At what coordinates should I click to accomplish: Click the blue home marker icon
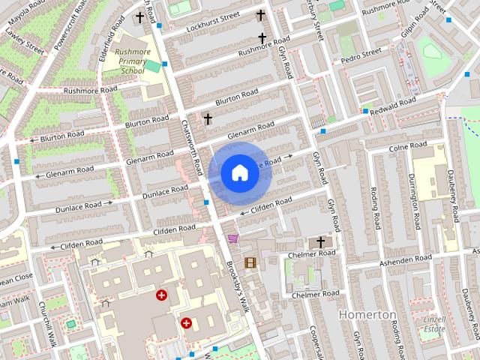tap(239, 173)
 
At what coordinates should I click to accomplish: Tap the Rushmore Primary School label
tap(133, 61)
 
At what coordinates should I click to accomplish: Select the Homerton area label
tap(367, 314)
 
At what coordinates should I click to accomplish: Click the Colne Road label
tap(408, 147)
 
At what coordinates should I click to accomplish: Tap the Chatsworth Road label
tap(190, 146)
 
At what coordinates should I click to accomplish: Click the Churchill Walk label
tap(47, 323)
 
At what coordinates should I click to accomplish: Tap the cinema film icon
tap(250, 262)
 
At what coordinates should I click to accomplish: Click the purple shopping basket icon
tap(232, 238)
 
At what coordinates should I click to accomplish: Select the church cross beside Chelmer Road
tap(321, 241)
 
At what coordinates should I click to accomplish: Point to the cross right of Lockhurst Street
tap(261, 14)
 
